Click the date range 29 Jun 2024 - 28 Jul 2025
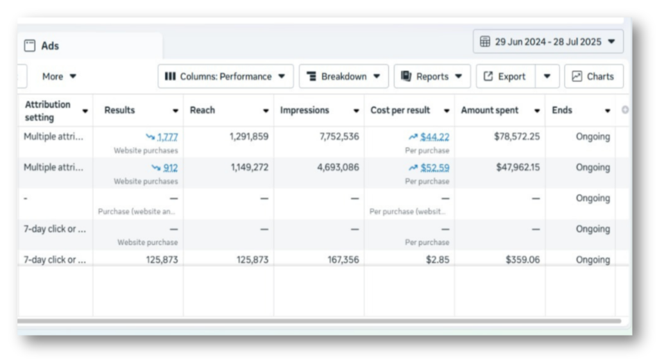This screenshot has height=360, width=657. [x=548, y=42]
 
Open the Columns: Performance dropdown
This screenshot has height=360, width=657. [x=225, y=76]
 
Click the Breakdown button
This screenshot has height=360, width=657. [x=343, y=76]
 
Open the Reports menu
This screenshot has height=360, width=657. [x=432, y=76]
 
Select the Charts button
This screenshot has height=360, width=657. [x=593, y=76]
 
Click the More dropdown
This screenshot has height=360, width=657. [x=59, y=76]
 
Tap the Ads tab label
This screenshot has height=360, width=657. [x=50, y=46]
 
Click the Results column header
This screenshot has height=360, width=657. [x=120, y=110]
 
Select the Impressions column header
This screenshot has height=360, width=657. [x=304, y=110]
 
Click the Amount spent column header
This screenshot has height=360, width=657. [x=490, y=110]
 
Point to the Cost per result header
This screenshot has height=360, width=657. [x=400, y=110]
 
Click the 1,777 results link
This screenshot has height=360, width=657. [x=167, y=137]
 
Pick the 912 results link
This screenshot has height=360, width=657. [x=171, y=167]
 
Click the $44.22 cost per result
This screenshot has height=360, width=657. [x=434, y=137]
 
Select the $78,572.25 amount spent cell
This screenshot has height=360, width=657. [x=518, y=137]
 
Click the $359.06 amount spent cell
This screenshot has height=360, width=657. [x=523, y=260]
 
